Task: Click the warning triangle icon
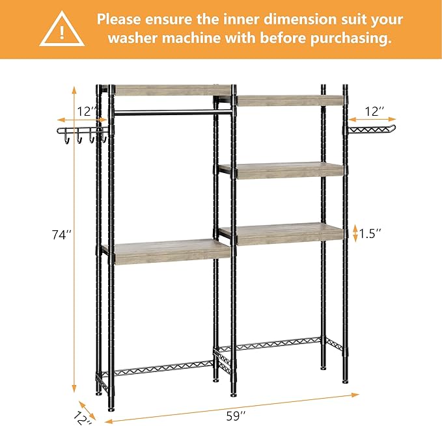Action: [62, 29]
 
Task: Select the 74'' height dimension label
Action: [62, 235]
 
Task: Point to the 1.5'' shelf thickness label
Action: [370, 232]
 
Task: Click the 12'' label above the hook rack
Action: [85, 111]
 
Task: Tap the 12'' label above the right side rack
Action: [375, 111]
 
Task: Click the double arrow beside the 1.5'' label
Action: [355, 232]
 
